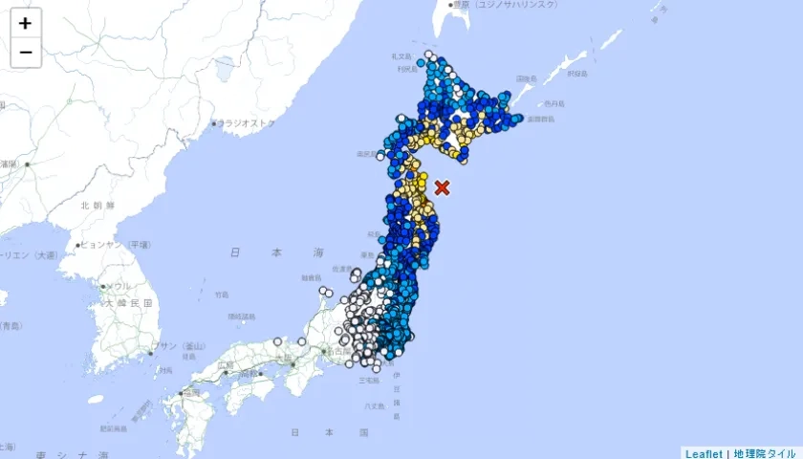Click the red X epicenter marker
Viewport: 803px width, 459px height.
pos(442,187)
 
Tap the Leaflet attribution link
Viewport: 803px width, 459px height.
pos(704,452)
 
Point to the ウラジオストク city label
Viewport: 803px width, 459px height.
pos(248,123)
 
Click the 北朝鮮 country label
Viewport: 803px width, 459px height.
pos(98,206)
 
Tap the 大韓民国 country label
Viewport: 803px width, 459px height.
pos(129,302)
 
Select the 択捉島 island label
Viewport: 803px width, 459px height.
pos(575,72)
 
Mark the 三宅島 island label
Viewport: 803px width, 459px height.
pos(367,381)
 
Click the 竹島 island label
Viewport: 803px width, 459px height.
pos(222,295)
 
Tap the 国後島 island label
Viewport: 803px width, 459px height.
pos(527,79)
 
